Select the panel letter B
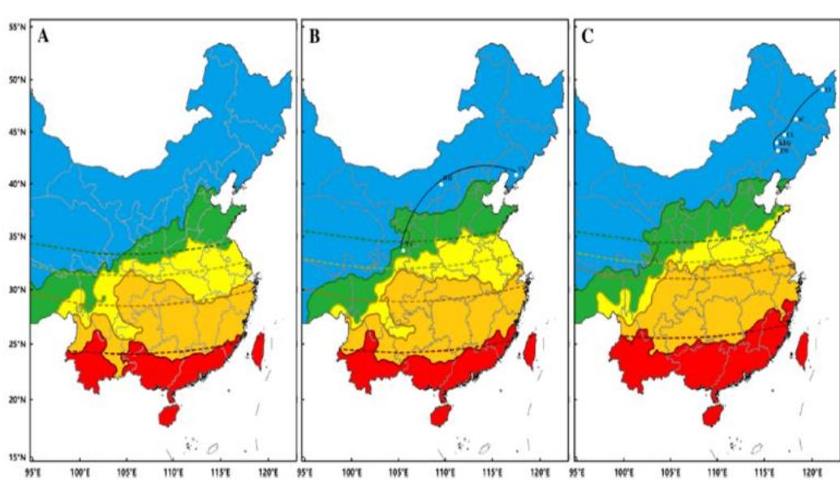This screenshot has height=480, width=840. (x=316, y=36)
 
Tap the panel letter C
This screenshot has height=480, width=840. (x=588, y=36)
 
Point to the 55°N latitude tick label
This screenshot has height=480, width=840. (x=15, y=27)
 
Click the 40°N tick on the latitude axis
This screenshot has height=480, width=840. (x=15, y=185)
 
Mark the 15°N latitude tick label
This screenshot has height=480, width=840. (x=15, y=457)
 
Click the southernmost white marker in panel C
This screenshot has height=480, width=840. (x=778, y=150)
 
